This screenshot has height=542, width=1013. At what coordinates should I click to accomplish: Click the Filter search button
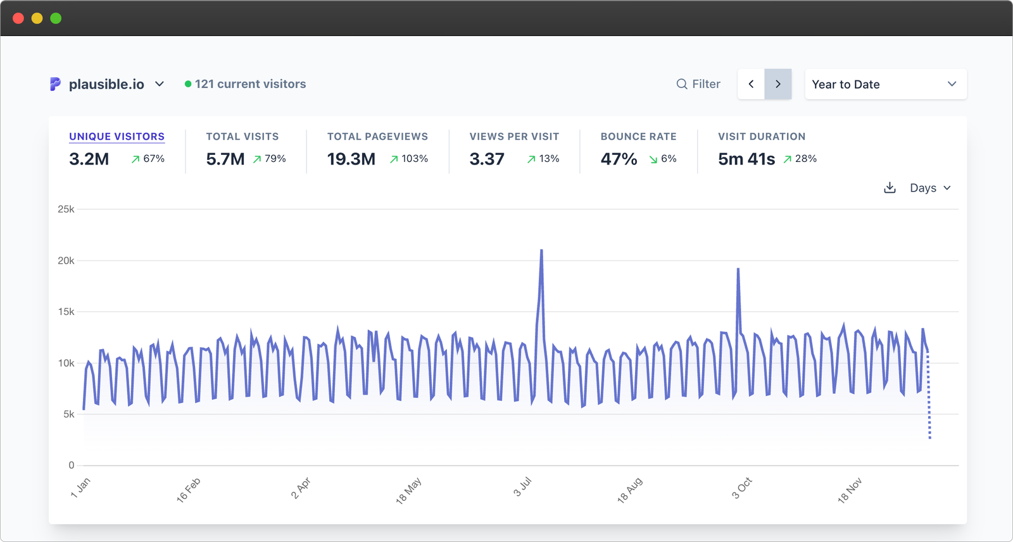pyautogui.click(x=698, y=84)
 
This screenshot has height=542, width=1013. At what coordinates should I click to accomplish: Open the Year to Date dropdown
pyautogui.click(x=885, y=84)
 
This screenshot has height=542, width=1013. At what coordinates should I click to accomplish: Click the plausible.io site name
pyautogui.click(x=106, y=84)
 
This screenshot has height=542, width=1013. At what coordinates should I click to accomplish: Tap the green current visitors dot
pyautogui.click(x=188, y=84)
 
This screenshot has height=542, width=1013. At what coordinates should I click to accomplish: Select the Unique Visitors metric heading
pyautogui.click(x=116, y=137)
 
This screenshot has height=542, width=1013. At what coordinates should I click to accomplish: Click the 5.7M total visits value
pyautogui.click(x=225, y=159)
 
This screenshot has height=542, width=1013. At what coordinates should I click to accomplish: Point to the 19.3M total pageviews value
pyautogui.click(x=351, y=159)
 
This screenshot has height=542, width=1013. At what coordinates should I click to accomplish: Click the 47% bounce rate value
pyautogui.click(x=619, y=159)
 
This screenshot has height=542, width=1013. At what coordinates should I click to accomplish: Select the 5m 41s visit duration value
pyautogui.click(x=746, y=159)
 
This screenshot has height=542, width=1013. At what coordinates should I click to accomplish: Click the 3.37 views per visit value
pyautogui.click(x=486, y=159)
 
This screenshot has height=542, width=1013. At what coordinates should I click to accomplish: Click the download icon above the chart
pyautogui.click(x=890, y=188)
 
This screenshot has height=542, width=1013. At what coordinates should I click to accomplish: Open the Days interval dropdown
pyautogui.click(x=929, y=188)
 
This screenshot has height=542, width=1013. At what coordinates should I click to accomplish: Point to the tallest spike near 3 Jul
pyautogui.click(x=541, y=251)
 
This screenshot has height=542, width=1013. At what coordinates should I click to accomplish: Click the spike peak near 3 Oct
pyautogui.click(x=738, y=270)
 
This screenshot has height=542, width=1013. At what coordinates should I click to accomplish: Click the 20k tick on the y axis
pyautogui.click(x=66, y=261)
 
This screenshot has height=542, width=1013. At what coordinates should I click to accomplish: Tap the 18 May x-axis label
pyautogui.click(x=408, y=491)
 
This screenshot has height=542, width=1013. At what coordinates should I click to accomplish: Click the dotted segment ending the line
pyautogui.click(x=929, y=398)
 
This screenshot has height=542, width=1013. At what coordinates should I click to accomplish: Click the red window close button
pyautogui.click(x=18, y=18)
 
